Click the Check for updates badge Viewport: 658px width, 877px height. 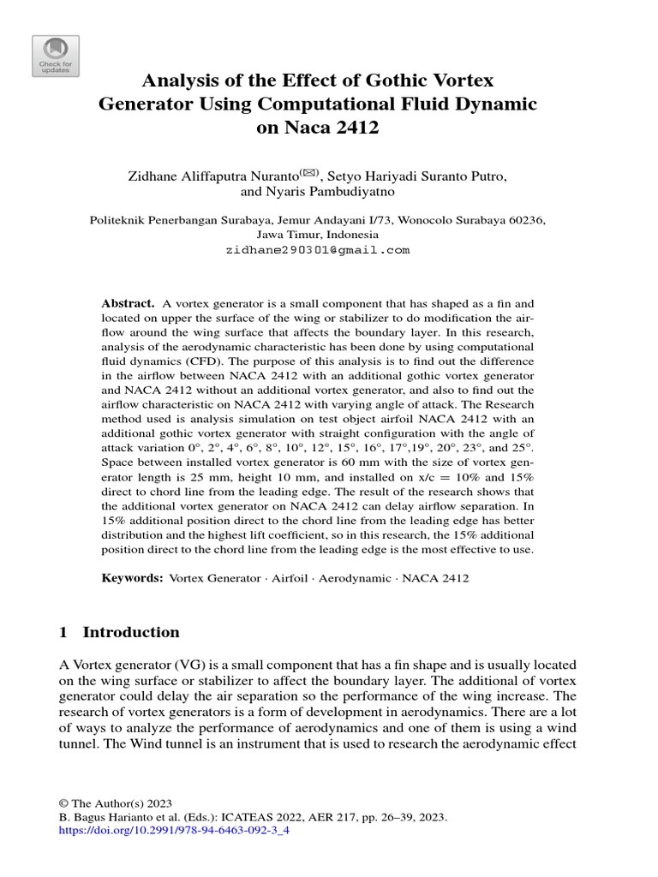(x=56, y=56)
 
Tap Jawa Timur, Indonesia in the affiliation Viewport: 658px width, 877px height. (x=317, y=234)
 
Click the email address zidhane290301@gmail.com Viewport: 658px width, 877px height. (x=317, y=250)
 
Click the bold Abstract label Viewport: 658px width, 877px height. (x=128, y=303)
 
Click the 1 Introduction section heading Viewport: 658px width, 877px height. (x=119, y=632)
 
